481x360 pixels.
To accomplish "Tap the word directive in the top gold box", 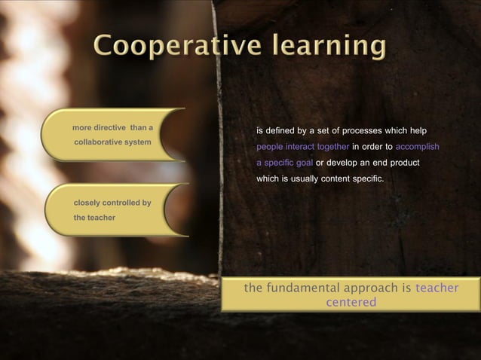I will click(x=109, y=127).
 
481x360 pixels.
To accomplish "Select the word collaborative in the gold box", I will click(x=101, y=142).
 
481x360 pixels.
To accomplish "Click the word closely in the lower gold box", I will click(x=86, y=203).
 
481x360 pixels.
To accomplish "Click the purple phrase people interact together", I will click(x=302, y=147).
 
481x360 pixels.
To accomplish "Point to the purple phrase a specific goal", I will click(x=285, y=163).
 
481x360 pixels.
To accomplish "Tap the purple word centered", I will click(x=351, y=302).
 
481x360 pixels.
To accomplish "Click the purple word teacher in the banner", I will click(x=437, y=288).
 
